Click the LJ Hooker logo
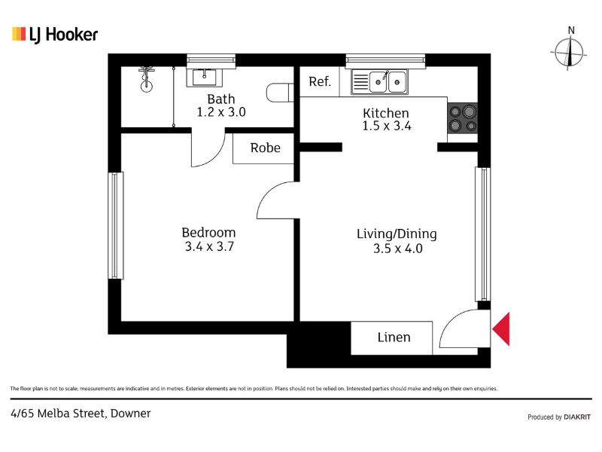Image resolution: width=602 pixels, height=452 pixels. (x=55, y=35)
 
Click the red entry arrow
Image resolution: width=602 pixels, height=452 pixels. (x=501, y=328)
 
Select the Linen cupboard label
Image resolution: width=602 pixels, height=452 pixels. (x=394, y=337)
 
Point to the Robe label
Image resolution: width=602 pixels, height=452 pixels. (x=265, y=148)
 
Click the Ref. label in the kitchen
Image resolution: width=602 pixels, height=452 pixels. (x=319, y=81)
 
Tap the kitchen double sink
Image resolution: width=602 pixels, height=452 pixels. (x=379, y=82)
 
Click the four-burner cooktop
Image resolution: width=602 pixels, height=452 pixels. (x=463, y=118)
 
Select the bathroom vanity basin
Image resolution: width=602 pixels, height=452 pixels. (x=205, y=77)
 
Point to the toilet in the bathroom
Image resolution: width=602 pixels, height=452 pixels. (x=280, y=93)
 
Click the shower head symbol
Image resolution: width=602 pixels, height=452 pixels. (x=146, y=79)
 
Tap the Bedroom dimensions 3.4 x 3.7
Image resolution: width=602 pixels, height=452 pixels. (x=209, y=246)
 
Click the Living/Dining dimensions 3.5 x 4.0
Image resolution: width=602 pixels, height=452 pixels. (x=398, y=249)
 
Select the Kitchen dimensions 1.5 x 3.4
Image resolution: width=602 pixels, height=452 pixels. (x=387, y=126)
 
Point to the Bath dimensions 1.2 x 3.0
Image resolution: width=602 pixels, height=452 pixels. (x=221, y=111)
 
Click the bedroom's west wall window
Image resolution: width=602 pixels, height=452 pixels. (x=115, y=225)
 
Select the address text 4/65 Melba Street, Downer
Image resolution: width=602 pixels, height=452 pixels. (x=81, y=414)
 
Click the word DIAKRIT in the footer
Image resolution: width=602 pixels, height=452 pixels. (x=577, y=417)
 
